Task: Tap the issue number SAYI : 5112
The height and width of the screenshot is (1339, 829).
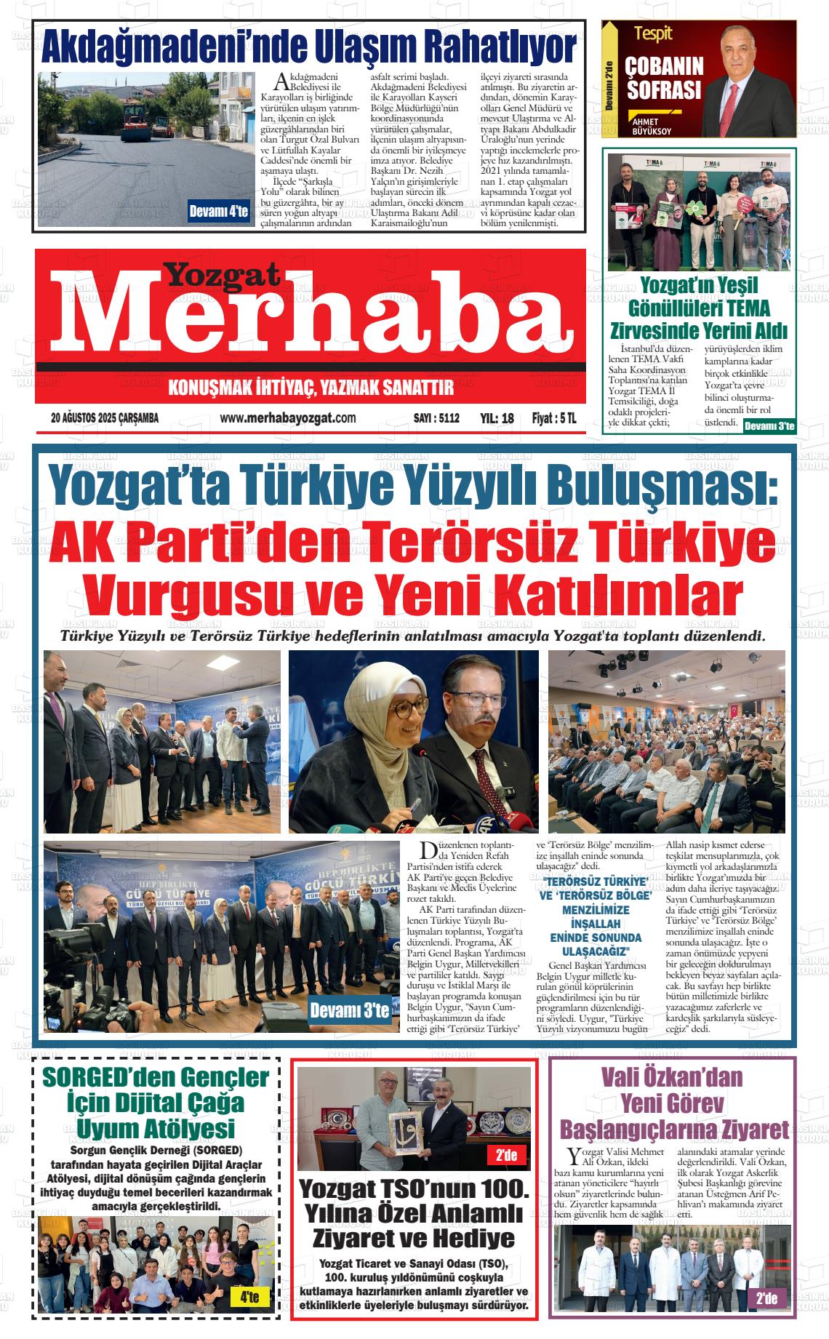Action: coord(436,418)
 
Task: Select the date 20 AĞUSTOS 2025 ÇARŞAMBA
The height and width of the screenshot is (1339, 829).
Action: coord(105,418)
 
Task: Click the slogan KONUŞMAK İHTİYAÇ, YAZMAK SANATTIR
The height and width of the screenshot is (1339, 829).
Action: coord(311,387)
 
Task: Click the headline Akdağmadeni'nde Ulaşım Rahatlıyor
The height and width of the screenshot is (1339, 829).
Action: coord(310,48)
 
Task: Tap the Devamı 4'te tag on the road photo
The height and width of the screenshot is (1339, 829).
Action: coord(218,212)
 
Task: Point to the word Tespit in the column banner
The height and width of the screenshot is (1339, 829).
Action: coord(653,33)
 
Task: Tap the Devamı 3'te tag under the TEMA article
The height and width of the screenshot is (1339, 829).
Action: coord(769,426)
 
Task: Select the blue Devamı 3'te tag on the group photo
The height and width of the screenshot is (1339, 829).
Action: coord(349,1010)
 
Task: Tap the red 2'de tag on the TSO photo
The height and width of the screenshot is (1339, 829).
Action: coord(505,1155)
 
